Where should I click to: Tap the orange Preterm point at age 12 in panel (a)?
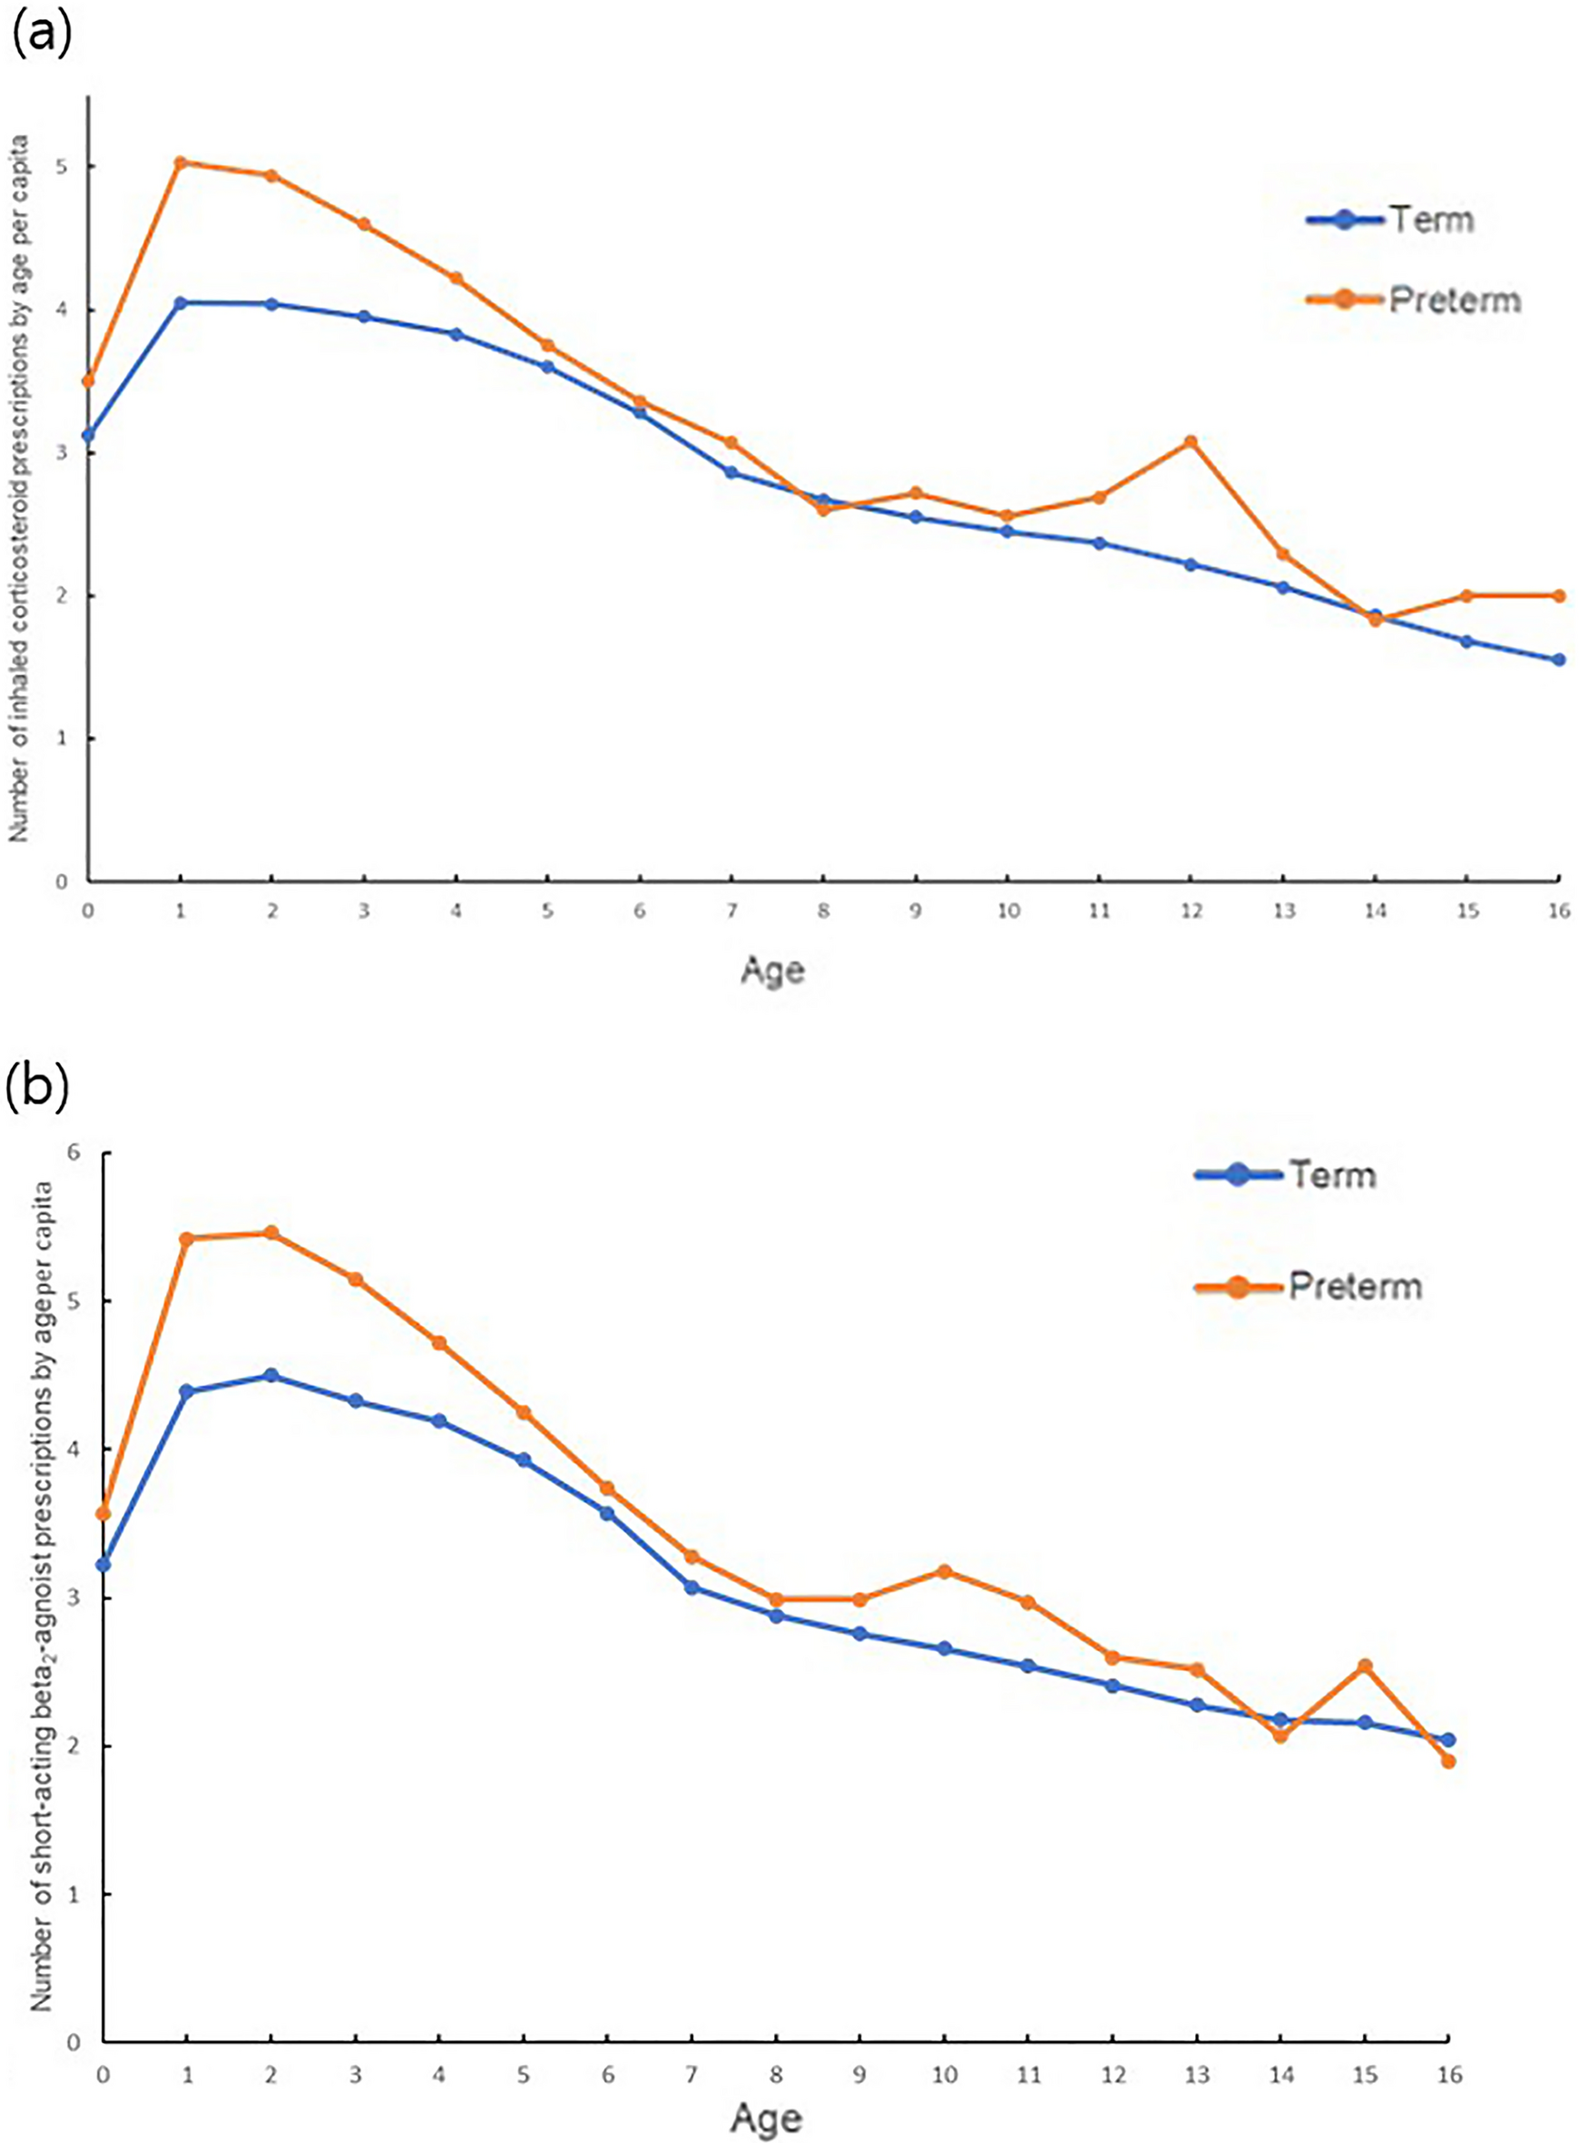tap(1190, 442)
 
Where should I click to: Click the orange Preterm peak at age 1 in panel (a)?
tap(180, 162)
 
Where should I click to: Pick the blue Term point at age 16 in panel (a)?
tap(1559, 660)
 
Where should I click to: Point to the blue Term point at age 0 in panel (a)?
tap(88, 435)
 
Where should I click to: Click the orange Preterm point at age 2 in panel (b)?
tap(271, 1233)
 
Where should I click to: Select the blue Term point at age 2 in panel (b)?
tap(271, 1375)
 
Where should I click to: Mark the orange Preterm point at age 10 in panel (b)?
tap(945, 1571)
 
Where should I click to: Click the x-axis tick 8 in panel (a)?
tap(823, 912)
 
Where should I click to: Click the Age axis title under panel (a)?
tap(772, 971)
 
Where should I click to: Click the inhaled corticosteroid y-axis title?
tap(20, 489)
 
